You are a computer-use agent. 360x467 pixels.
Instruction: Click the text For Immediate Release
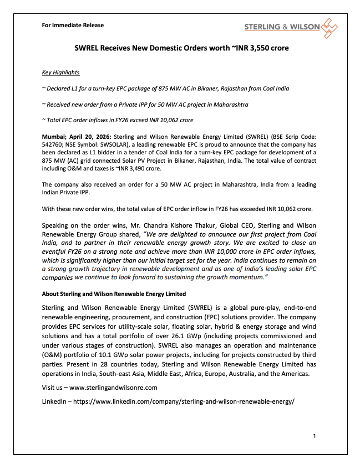pos(73,25)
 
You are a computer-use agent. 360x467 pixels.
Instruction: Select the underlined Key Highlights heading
pos(61,73)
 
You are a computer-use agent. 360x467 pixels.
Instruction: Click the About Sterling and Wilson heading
pos(114,294)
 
